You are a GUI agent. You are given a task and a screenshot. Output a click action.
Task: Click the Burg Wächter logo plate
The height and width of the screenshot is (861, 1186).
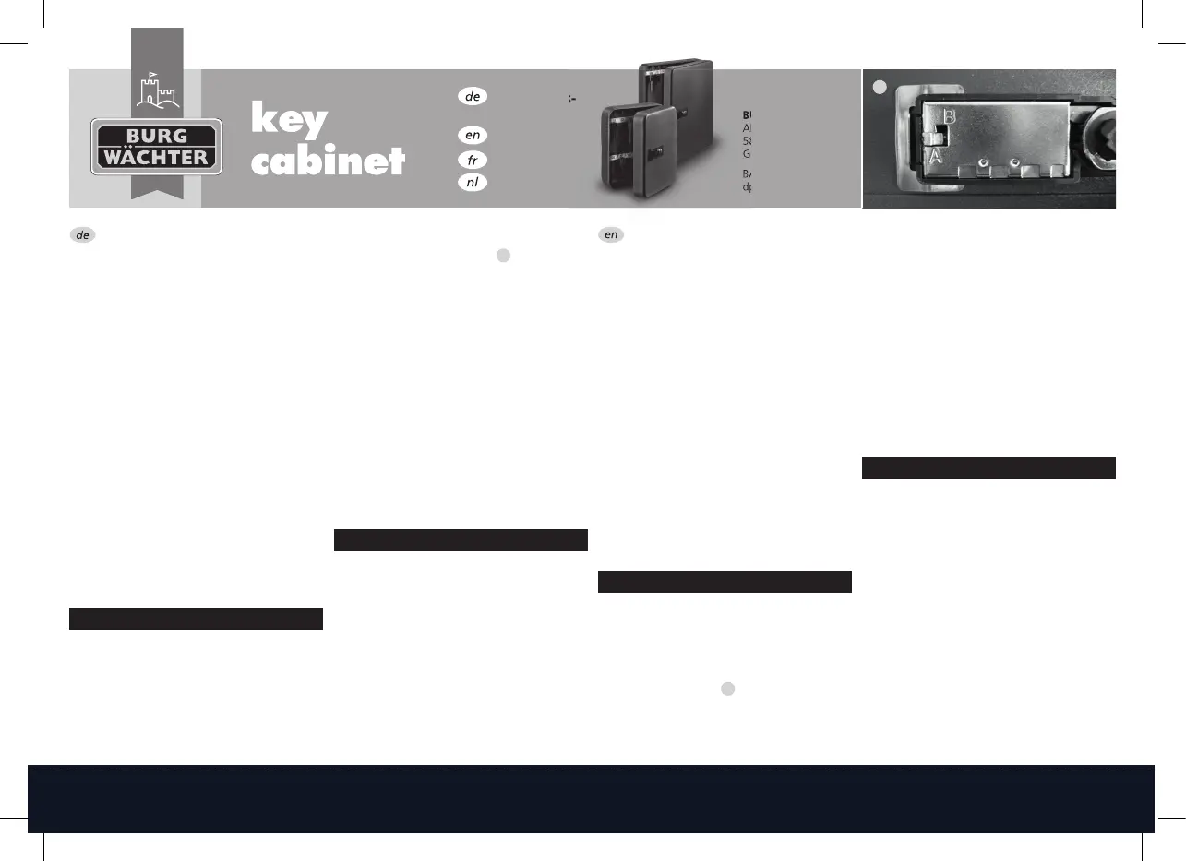[x=157, y=147]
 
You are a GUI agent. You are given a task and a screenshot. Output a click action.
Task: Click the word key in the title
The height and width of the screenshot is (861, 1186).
[x=289, y=121]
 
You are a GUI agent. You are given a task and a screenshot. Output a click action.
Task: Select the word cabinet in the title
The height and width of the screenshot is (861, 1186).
[x=328, y=161]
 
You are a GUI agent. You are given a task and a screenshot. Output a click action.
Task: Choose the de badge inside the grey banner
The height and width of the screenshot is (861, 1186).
[x=472, y=96]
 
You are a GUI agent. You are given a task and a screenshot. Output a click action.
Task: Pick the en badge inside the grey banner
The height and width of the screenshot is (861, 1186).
[x=472, y=135]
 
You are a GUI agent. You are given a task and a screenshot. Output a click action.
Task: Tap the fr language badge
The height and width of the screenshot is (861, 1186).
[x=472, y=160]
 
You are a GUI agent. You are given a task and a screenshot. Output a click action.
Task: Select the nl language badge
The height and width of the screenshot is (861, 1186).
[x=472, y=182]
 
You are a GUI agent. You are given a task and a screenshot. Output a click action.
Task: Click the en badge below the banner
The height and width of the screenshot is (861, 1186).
[x=611, y=235]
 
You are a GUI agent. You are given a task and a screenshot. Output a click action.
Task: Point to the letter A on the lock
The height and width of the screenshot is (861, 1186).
[x=936, y=157]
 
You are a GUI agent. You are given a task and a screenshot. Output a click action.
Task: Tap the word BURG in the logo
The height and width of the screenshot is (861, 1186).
[x=157, y=135]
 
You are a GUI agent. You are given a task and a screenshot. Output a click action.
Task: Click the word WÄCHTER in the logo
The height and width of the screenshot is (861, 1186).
[x=157, y=158]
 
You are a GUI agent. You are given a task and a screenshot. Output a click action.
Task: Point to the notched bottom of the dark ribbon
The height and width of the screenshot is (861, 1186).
[x=157, y=192]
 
